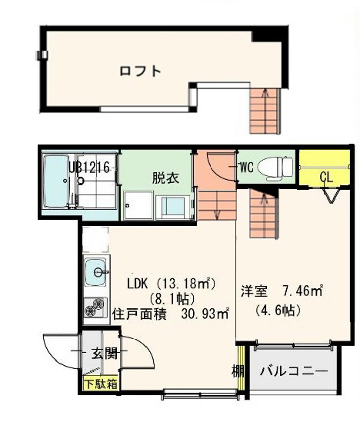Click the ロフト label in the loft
tap(140, 71)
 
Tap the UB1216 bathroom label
tap(92, 167)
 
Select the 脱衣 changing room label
tap(165, 178)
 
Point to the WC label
tap(246, 166)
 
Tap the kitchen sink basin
tap(96, 271)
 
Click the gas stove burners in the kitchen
tap(95, 309)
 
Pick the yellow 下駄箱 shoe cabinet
tap(100, 383)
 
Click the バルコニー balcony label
tap(293, 370)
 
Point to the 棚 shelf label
tap(238, 371)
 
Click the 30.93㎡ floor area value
tap(205, 313)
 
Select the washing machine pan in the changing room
tap(139, 206)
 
